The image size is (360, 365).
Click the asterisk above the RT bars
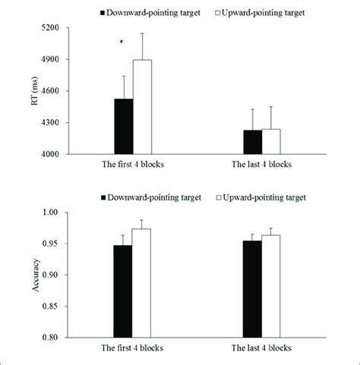(122, 43)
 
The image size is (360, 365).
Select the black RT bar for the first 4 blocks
(123, 127)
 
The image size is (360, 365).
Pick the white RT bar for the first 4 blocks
(142, 107)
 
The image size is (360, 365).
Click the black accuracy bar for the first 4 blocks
(123, 291)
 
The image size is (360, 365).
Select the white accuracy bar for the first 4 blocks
(142, 283)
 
